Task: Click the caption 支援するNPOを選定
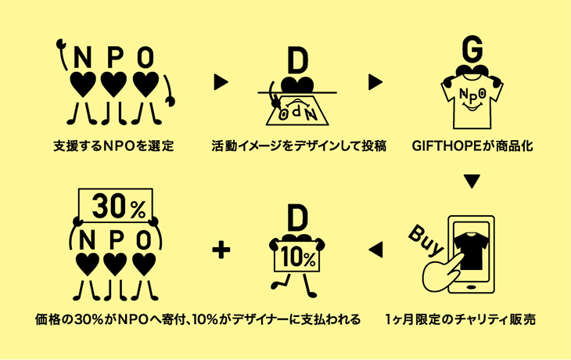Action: (113, 146)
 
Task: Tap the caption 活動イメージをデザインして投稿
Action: (299, 146)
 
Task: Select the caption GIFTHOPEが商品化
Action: (472, 146)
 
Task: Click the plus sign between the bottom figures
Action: (223, 250)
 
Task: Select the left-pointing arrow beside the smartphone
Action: (375, 250)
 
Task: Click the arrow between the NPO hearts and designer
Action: (220, 81)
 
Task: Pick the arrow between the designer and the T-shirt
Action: (375, 81)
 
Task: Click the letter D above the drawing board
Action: (296, 61)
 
